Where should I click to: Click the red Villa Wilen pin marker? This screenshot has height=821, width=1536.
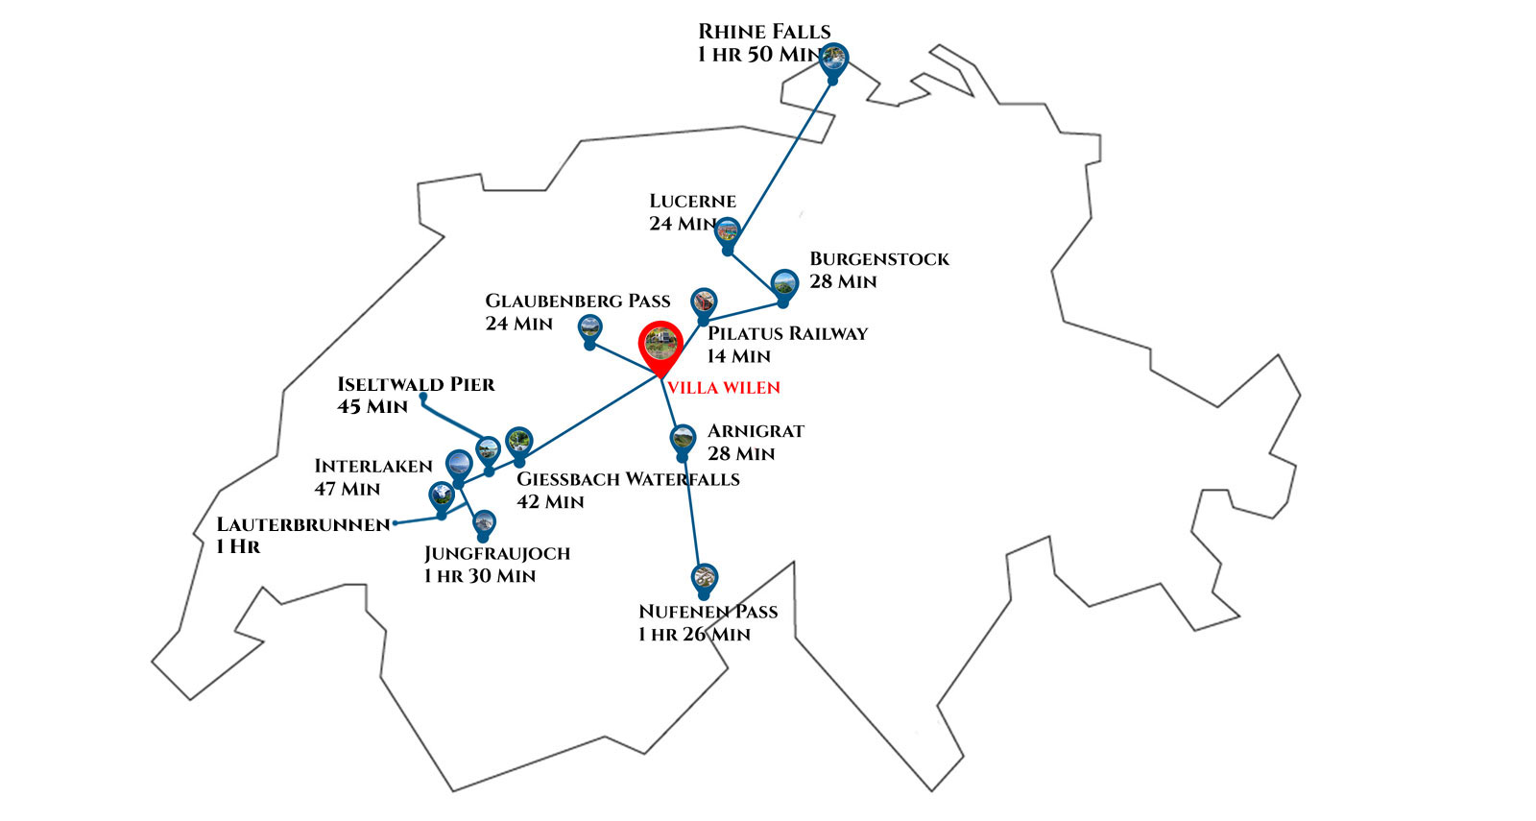pos(660,343)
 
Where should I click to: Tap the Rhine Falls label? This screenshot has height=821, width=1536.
pos(764,32)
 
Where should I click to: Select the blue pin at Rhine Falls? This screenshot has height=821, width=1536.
pos(833,58)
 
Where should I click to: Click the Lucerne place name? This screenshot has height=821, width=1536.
pos(692,202)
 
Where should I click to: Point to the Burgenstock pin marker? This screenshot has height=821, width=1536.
pos(784,284)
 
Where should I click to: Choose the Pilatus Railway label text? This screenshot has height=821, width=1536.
pos(787,334)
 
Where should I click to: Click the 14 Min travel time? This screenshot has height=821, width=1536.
pos(738,357)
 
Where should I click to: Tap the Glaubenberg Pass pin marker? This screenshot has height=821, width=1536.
pos(590,328)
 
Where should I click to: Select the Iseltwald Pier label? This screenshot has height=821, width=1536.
pos(416,385)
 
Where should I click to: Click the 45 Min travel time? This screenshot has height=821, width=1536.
pos(372,407)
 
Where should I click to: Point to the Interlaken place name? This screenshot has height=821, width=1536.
pos(373,467)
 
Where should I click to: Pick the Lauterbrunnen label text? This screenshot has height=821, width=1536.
pos(303,525)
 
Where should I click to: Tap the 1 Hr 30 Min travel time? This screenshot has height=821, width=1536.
pos(480,576)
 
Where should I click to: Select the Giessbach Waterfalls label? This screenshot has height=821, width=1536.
pos(628,479)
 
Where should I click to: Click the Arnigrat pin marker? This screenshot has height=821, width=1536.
pos(683,440)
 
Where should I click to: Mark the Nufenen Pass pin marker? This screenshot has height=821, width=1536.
pos(704,578)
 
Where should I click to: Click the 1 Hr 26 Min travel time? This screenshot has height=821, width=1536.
pos(694,635)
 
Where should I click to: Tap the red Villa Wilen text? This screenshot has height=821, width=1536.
pos(724,388)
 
